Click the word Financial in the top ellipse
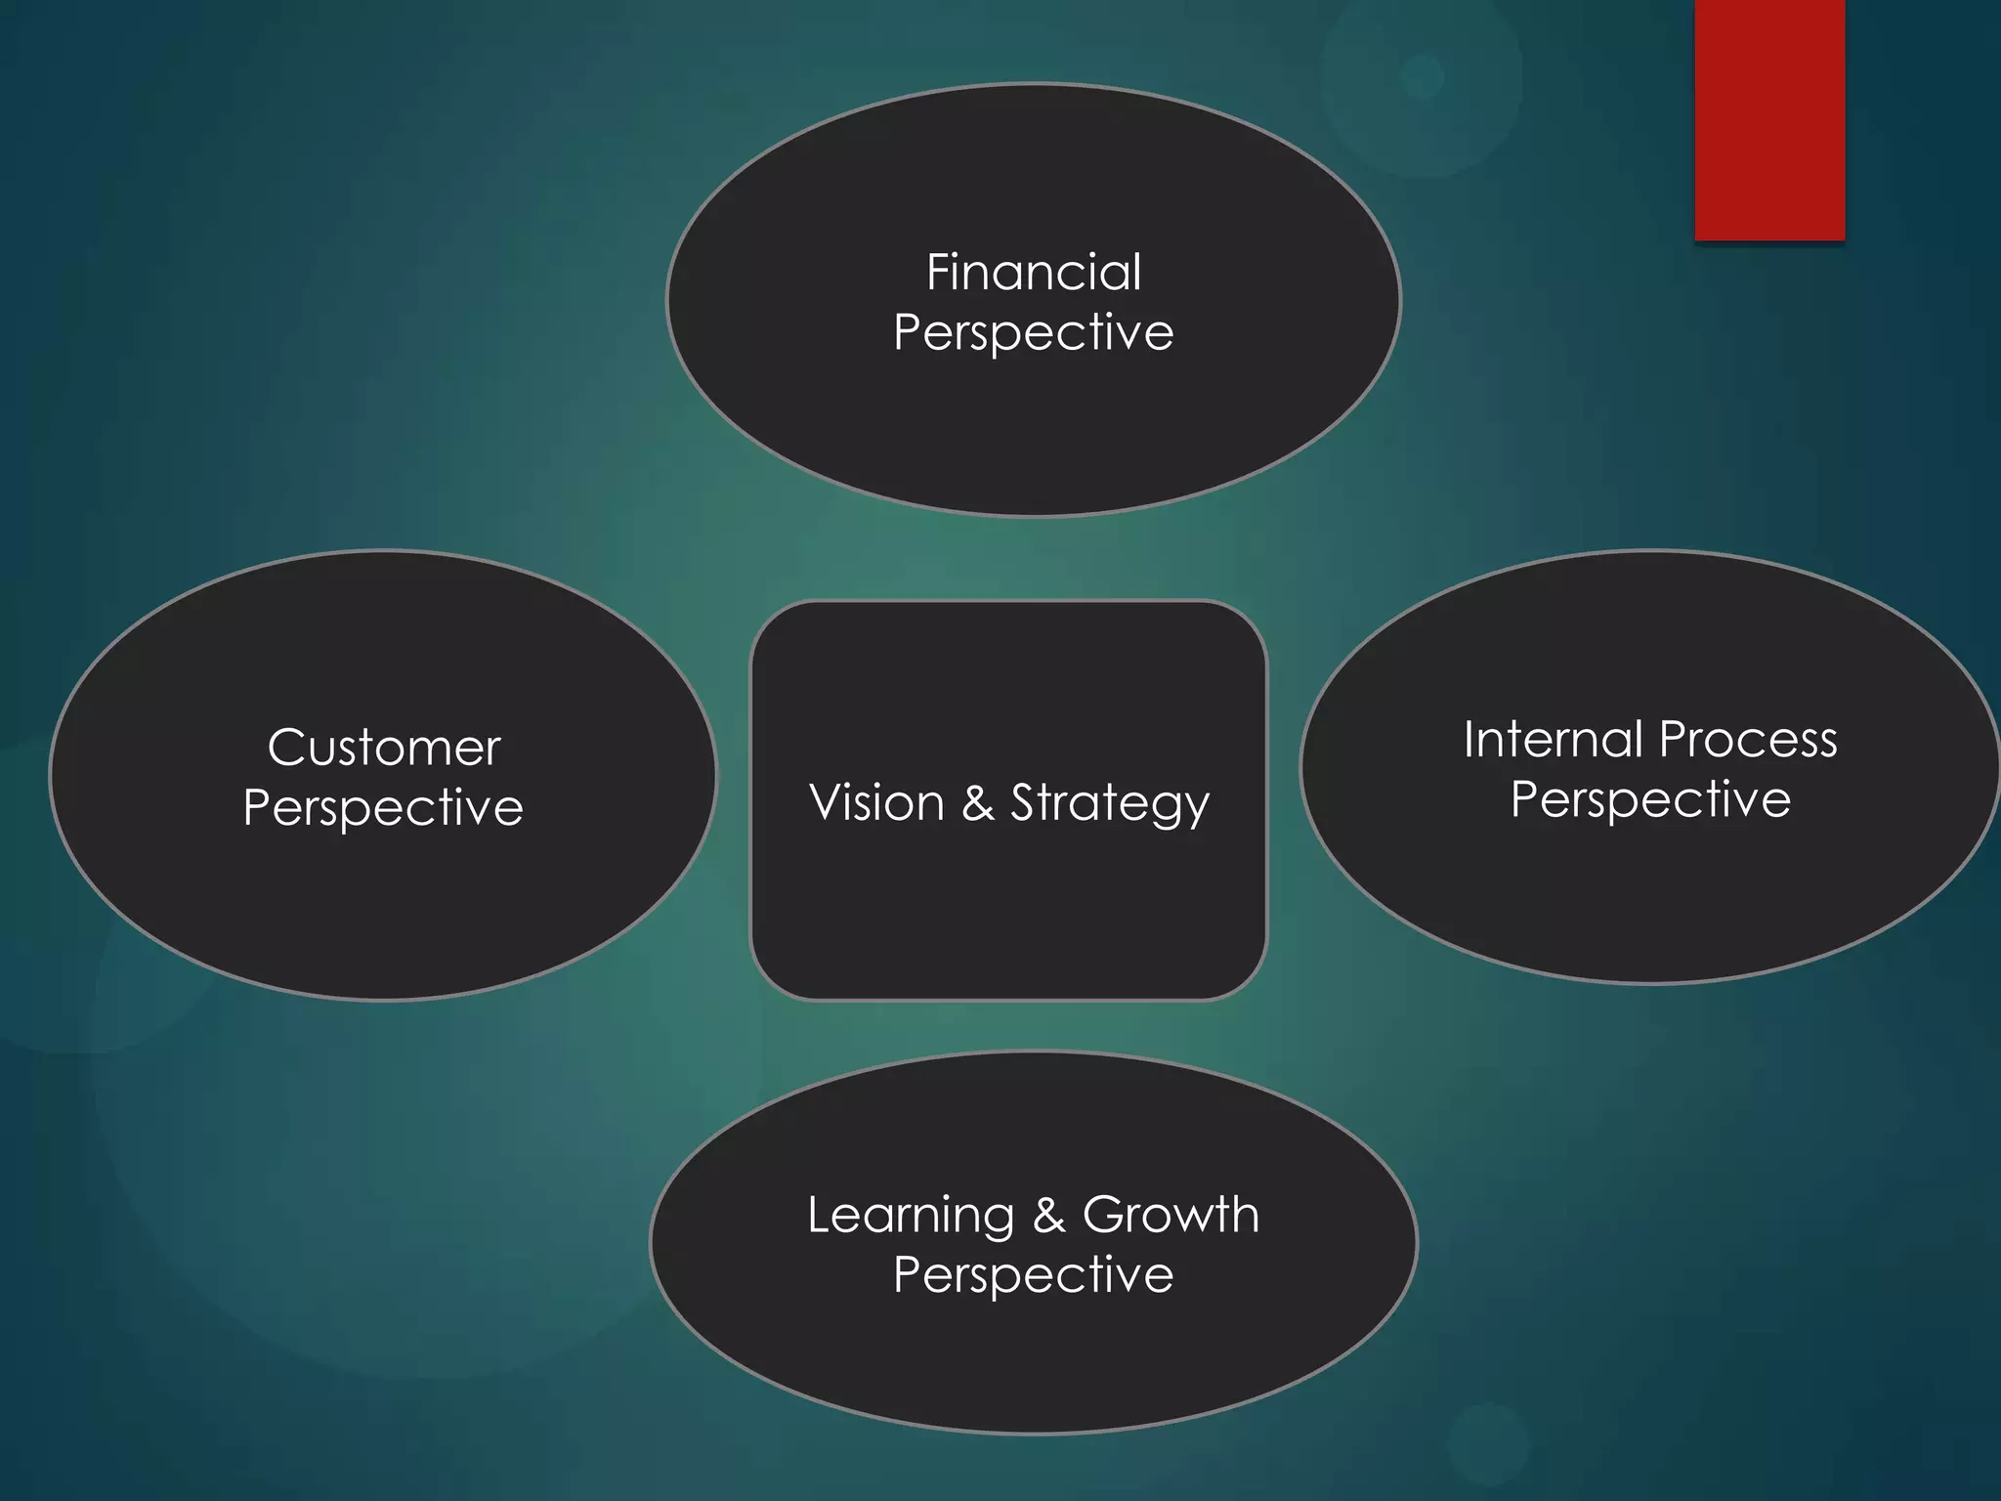1034,273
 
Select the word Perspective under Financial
1034,333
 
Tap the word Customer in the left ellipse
384,749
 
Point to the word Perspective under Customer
384,809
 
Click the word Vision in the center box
876,803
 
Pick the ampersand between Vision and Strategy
978,803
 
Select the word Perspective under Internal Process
1650,800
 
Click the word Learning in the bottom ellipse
911,1217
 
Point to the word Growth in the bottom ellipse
1171,1216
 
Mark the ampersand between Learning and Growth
1048,1216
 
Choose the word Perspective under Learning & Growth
1034,1275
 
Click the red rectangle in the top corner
1769,119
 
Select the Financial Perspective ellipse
1034,430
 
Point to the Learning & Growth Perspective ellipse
1034,1358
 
